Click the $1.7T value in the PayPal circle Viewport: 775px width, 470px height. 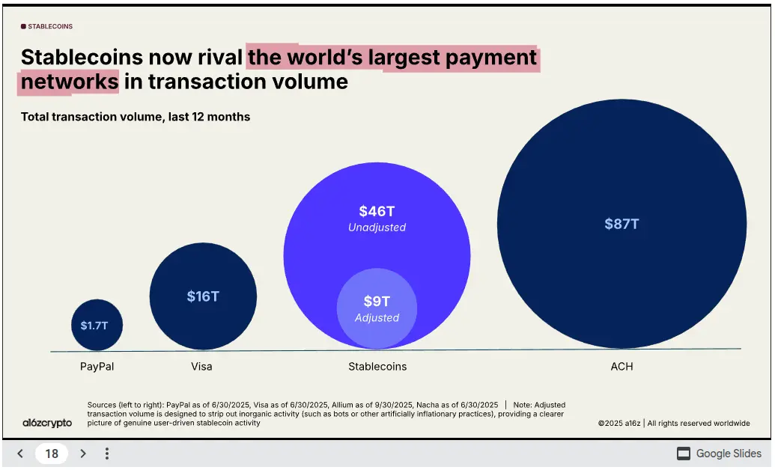[94, 326]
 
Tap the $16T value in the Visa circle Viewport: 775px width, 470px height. [203, 296]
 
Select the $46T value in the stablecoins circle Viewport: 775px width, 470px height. [377, 212]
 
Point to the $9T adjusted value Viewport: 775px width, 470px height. [377, 301]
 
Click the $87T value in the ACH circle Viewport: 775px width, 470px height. [621, 224]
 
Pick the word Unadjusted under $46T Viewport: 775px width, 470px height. [377, 228]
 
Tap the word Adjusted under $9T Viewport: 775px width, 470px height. [377, 318]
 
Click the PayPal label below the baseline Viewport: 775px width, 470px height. [97, 367]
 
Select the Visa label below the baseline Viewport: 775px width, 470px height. [201, 367]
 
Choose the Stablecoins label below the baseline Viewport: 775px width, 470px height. [377, 367]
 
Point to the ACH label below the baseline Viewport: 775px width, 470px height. [621, 367]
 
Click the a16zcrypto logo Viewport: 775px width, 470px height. [47, 423]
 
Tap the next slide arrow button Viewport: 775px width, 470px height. [83, 454]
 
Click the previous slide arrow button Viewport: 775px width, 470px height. [20, 454]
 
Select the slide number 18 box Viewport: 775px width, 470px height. [52, 454]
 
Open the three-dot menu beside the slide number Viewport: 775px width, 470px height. [107, 454]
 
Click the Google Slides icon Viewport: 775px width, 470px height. [684, 454]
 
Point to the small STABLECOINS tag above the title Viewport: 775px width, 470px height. [47, 26]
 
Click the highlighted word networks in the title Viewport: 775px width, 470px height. [70, 82]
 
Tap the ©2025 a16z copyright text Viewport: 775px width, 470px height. [619, 424]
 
